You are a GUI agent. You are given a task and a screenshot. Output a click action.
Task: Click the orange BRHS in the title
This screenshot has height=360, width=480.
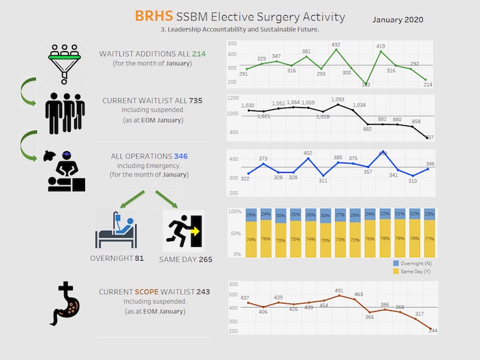(153, 16)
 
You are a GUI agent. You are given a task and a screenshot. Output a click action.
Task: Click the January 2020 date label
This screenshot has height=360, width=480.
(398, 19)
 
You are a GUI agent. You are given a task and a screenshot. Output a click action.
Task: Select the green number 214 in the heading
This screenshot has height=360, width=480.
(199, 53)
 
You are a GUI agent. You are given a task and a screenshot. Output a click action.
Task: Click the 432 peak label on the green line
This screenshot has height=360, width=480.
(336, 44)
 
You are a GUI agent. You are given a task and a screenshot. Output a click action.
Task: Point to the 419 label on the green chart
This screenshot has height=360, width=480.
(381, 46)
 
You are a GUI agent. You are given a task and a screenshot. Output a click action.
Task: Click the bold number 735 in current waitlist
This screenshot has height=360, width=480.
(195, 100)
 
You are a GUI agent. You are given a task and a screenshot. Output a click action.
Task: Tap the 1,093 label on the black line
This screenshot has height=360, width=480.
(337, 99)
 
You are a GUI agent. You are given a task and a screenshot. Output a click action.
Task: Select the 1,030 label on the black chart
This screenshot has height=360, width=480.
(247, 105)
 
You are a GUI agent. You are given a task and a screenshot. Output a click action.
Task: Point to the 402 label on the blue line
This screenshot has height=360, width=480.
(308, 153)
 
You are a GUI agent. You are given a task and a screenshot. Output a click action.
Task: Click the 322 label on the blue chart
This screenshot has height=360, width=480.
(245, 178)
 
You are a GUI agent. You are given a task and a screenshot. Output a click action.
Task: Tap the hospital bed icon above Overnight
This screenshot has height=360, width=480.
(116, 229)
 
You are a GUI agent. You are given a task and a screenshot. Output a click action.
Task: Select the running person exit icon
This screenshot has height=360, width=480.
(184, 230)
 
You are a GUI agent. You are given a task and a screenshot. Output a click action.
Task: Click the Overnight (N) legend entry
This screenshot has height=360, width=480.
(416, 262)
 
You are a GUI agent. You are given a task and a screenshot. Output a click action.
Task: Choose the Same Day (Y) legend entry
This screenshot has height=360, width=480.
(417, 271)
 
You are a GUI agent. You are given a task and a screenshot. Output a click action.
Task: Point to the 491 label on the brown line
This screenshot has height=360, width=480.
(339, 291)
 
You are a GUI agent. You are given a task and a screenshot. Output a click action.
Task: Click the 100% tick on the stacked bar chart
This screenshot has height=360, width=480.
(234, 212)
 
